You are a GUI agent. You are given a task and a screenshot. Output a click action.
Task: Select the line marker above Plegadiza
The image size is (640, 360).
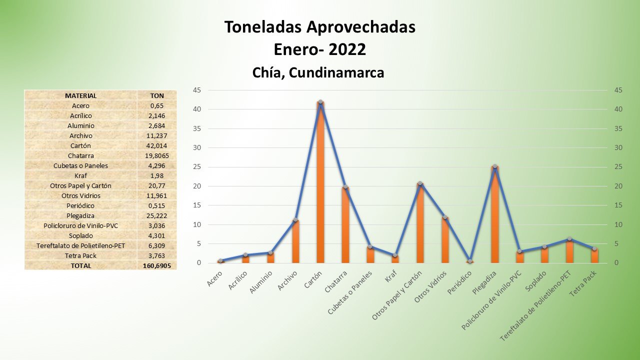[494, 166]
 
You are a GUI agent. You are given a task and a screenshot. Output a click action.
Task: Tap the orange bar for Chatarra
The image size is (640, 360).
[345, 225]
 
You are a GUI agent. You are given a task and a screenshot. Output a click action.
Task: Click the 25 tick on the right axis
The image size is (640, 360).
[618, 167]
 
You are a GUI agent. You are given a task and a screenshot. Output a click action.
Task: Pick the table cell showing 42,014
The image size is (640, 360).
[157, 145]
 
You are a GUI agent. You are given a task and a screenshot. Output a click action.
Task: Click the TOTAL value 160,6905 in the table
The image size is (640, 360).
[157, 265]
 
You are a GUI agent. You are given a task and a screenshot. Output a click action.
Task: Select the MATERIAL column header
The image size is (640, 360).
[80, 95]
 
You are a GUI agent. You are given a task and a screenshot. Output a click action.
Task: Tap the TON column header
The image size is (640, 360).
[157, 95]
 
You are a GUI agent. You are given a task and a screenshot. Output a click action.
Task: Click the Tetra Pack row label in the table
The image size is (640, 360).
[80, 255]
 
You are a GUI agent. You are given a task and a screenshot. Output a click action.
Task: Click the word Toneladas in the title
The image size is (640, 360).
[259, 27]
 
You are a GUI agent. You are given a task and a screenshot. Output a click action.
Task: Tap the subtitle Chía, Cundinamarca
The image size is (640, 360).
[318, 72]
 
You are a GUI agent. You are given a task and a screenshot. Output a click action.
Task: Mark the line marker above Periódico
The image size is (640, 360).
[470, 261]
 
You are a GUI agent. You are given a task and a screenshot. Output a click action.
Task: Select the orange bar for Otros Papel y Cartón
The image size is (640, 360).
[420, 223]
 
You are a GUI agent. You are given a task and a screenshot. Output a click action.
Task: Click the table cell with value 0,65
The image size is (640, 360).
[157, 105]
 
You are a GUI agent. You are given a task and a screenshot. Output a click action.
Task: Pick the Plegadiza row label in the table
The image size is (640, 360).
[80, 215]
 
